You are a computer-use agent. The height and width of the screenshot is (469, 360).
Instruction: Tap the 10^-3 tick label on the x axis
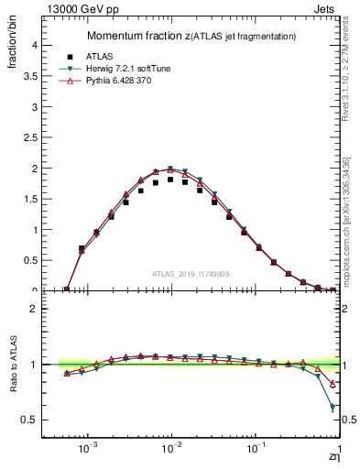[x=88, y=451]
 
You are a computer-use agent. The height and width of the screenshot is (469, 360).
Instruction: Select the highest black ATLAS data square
[x=170, y=180]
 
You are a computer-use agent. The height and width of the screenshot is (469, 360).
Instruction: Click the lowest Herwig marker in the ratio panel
[x=332, y=406]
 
